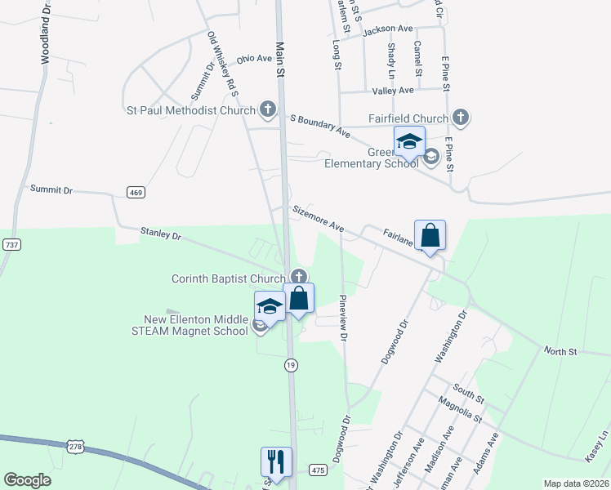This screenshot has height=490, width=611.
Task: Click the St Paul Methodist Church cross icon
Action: point(267,109)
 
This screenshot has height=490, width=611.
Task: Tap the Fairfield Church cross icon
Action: point(461,117)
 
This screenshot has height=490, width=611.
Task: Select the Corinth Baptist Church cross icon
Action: point(299,278)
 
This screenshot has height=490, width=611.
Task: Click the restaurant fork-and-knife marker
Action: point(276,461)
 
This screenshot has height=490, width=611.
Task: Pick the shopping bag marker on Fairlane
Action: point(430,236)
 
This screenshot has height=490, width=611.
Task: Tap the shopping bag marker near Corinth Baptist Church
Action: point(299,299)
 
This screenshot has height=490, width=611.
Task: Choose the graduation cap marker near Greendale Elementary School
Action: point(409,142)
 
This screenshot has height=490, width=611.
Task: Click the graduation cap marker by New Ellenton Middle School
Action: point(270,306)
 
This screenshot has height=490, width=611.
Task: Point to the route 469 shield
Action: point(136,192)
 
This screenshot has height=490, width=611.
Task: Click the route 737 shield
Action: point(12,244)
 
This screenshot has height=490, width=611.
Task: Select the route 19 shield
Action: point(290,365)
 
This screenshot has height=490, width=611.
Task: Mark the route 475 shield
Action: point(319,470)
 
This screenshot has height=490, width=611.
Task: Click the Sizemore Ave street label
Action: point(318,220)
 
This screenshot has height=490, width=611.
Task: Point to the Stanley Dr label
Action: point(160,234)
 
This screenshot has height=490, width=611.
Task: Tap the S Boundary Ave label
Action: point(320,125)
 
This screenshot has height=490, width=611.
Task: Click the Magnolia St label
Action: point(459,408)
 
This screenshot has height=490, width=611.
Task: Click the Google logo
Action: point(28,480)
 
